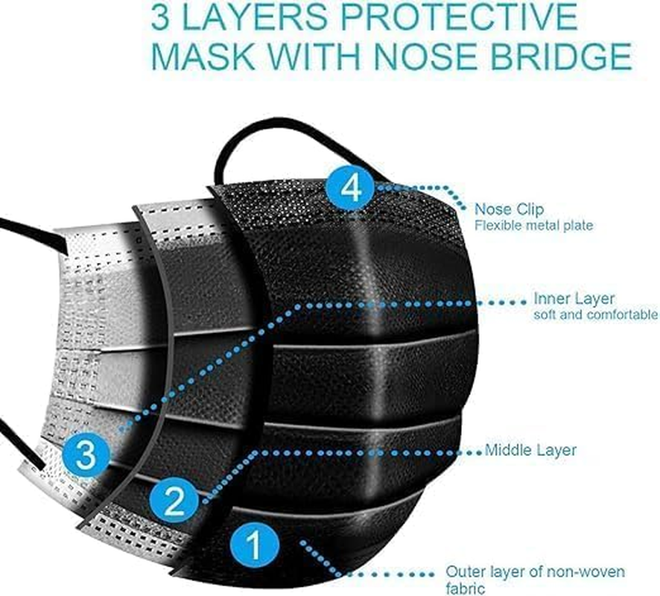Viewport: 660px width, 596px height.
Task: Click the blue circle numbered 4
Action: (350, 188)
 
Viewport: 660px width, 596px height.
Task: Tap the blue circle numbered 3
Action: (86, 455)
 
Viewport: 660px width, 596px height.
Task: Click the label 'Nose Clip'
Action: (509, 209)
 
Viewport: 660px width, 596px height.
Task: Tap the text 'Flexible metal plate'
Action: (533, 226)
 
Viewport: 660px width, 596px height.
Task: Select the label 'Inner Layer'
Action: (574, 299)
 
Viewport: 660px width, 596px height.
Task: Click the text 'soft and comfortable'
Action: (595, 315)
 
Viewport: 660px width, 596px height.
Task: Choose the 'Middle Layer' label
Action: (530, 451)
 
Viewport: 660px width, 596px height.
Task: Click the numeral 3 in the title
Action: (161, 18)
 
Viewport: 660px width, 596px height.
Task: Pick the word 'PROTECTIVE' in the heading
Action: (459, 18)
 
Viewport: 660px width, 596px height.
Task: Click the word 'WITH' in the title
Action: (314, 57)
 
